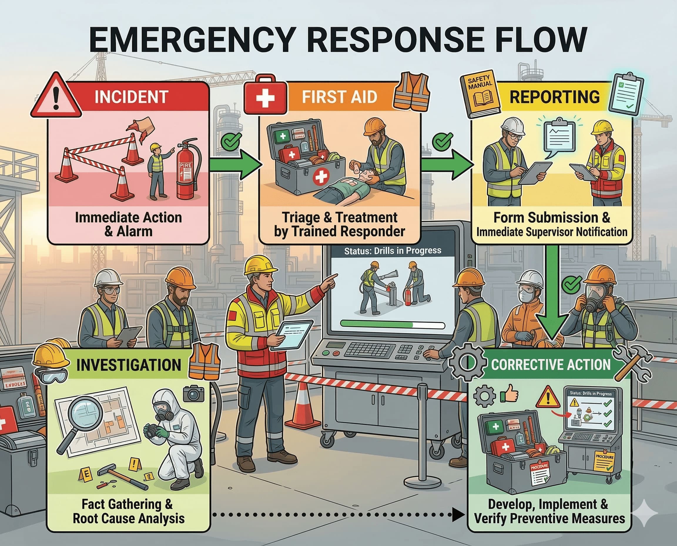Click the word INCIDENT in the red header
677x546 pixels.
tap(131, 96)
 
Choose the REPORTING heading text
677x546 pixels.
tap(554, 96)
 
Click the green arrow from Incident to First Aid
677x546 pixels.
tap(236, 165)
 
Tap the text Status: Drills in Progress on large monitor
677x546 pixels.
tap(392, 251)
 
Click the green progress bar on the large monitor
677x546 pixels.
tap(377, 324)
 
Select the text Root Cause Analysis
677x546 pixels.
tap(128, 518)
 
